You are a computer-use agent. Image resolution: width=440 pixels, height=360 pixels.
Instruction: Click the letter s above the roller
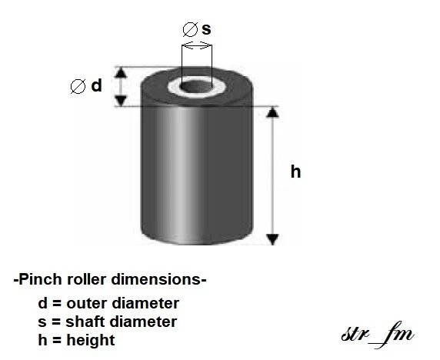tap(206, 29)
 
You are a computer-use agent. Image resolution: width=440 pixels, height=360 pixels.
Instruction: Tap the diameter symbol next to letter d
tap(77, 86)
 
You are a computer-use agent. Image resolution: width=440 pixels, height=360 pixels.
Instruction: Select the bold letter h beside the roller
tap(295, 172)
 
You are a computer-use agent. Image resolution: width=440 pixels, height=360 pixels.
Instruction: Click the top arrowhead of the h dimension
tap(272, 113)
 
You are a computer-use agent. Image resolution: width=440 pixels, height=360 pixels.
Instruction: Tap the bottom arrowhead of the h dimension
tap(272, 239)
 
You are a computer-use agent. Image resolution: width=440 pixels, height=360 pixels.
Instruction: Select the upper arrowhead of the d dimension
tap(119, 72)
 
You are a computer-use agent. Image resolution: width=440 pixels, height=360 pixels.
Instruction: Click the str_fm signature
tap(378, 335)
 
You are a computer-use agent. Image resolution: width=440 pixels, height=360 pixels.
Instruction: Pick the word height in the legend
tap(92, 339)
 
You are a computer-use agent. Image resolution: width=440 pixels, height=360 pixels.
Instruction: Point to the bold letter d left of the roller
tap(96, 86)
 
